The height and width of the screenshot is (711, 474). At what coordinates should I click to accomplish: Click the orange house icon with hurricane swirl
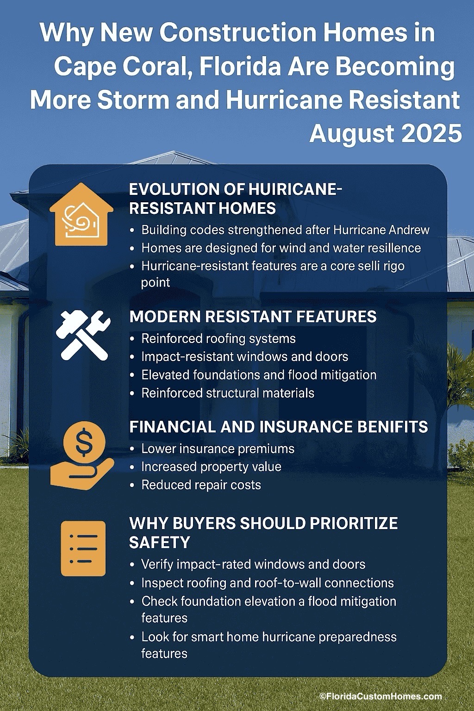(81, 214)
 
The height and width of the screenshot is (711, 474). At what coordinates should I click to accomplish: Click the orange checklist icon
(83, 548)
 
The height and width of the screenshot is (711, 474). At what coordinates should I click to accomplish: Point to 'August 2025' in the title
(385, 134)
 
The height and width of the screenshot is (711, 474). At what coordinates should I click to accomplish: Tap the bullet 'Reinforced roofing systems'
(218, 338)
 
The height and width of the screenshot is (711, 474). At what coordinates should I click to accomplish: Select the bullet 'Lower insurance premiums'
(218, 449)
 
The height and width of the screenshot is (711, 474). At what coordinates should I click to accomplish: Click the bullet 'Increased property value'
(211, 467)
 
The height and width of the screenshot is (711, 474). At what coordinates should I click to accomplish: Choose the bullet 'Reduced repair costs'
(201, 485)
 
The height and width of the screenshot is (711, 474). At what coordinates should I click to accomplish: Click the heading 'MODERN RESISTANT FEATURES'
(253, 317)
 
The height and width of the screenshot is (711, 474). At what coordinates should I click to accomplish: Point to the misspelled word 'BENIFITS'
(391, 426)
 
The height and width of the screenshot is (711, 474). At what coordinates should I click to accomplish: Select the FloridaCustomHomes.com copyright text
(380, 696)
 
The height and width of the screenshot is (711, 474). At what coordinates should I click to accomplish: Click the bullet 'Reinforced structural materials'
(227, 393)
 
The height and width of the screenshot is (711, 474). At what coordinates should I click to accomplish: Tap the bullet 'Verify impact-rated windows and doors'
(253, 564)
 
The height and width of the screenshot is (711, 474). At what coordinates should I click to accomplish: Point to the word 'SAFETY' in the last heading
(160, 542)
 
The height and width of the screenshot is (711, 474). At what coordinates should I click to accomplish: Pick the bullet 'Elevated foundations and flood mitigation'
(259, 374)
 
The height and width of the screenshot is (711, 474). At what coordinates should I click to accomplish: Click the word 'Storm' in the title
(133, 100)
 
